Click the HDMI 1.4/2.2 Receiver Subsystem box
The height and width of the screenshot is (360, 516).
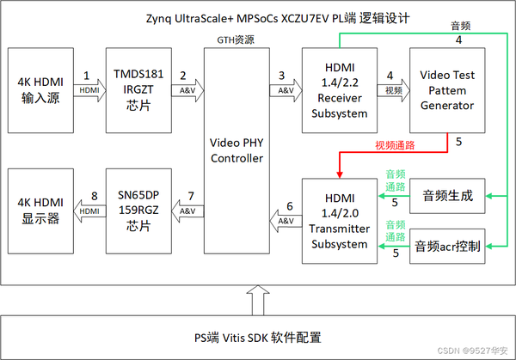coord(336,90)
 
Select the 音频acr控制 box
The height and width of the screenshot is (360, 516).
coord(448,247)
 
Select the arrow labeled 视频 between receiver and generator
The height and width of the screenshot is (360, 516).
coord(390,89)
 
